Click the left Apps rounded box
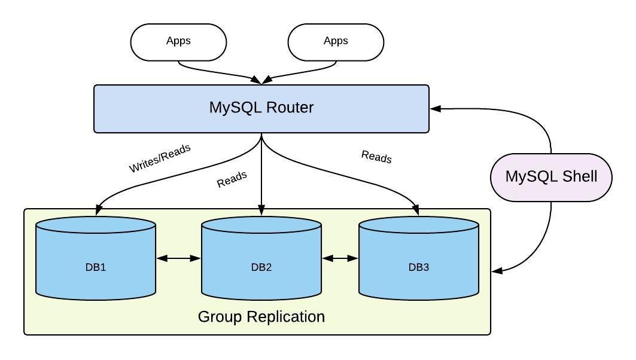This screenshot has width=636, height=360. tap(178, 42)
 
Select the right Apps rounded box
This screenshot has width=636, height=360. tap(336, 42)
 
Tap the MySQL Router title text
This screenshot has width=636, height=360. tap(261, 108)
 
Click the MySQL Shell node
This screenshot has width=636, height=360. tap(551, 177)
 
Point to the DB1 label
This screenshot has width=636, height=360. tap(96, 267)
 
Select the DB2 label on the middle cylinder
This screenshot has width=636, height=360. tap(261, 267)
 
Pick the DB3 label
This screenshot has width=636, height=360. tap(419, 267)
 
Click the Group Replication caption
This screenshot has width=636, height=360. tap(261, 316)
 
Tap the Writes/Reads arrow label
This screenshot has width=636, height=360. tap(160, 158)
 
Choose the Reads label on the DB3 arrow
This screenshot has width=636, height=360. tap(376, 157)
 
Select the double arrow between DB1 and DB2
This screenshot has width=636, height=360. tap(178, 258)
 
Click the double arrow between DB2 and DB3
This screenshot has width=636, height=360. tap(340, 258)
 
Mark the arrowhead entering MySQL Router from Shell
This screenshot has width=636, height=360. tap(436, 109)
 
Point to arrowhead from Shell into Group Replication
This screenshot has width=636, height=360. tap(497, 272)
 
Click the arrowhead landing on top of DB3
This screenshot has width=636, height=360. tap(418, 209)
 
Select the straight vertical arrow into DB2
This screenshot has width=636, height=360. tap(261, 173)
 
